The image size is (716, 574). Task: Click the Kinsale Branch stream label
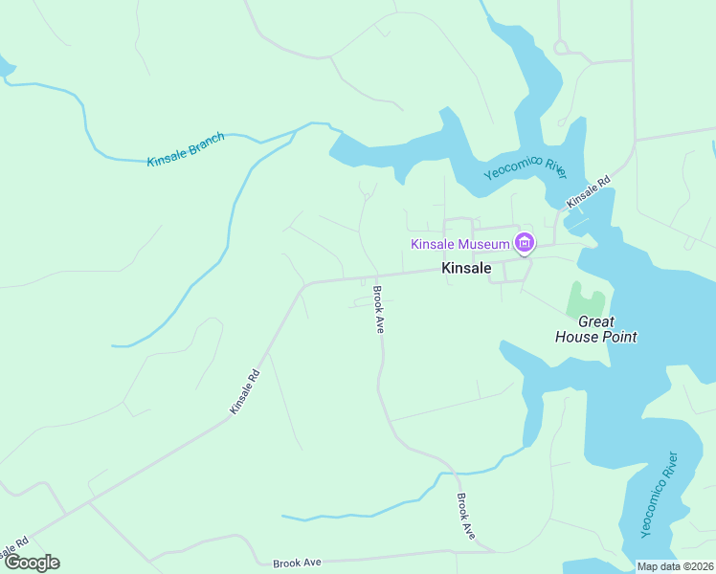[186, 150]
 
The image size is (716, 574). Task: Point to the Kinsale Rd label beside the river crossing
[588, 191]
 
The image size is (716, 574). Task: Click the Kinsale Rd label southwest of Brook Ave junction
[245, 392]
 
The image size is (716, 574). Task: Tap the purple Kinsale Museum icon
[524, 244]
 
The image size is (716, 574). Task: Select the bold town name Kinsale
[466, 269]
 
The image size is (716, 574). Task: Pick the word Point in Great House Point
[617, 337]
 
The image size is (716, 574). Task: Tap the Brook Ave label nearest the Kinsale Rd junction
[379, 309]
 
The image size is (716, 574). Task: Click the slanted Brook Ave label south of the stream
[466, 516]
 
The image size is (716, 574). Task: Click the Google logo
[32, 563]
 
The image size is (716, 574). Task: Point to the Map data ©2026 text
[675, 566]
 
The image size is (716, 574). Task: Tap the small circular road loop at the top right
[561, 46]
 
